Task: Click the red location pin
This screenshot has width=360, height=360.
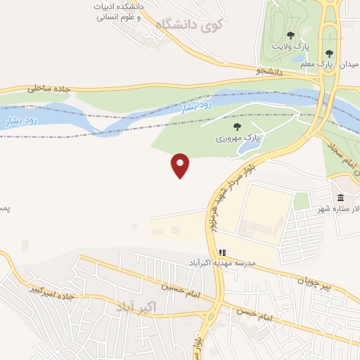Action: [181, 165]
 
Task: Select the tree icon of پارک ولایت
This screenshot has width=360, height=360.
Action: [291, 35]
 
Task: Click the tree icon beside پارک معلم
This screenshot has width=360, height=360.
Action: [329, 53]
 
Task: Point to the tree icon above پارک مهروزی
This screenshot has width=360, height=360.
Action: [236, 127]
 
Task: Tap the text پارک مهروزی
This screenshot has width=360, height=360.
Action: [238, 139]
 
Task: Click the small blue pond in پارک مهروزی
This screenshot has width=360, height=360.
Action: [247, 148]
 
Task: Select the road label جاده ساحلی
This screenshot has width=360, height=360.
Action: [51, 89]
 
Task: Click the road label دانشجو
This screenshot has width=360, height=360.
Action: [269, 71]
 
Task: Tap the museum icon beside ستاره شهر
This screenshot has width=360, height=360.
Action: [341, 197]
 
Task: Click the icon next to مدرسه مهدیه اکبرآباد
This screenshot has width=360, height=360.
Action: [222, 252]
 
